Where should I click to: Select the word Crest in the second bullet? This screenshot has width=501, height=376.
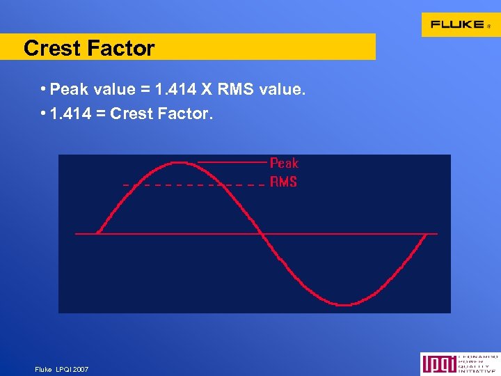pos(132,113)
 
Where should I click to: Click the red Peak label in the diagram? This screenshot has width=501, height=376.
pos(284,163)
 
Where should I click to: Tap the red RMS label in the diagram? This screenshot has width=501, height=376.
pos(283,182)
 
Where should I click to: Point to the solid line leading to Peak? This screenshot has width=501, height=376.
pos(232,162)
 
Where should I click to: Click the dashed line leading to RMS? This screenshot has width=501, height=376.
pos(195,185)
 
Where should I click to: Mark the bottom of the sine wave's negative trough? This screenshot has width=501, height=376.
pos(344,304)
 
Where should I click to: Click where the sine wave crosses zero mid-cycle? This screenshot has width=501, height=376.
pos(262,233)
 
